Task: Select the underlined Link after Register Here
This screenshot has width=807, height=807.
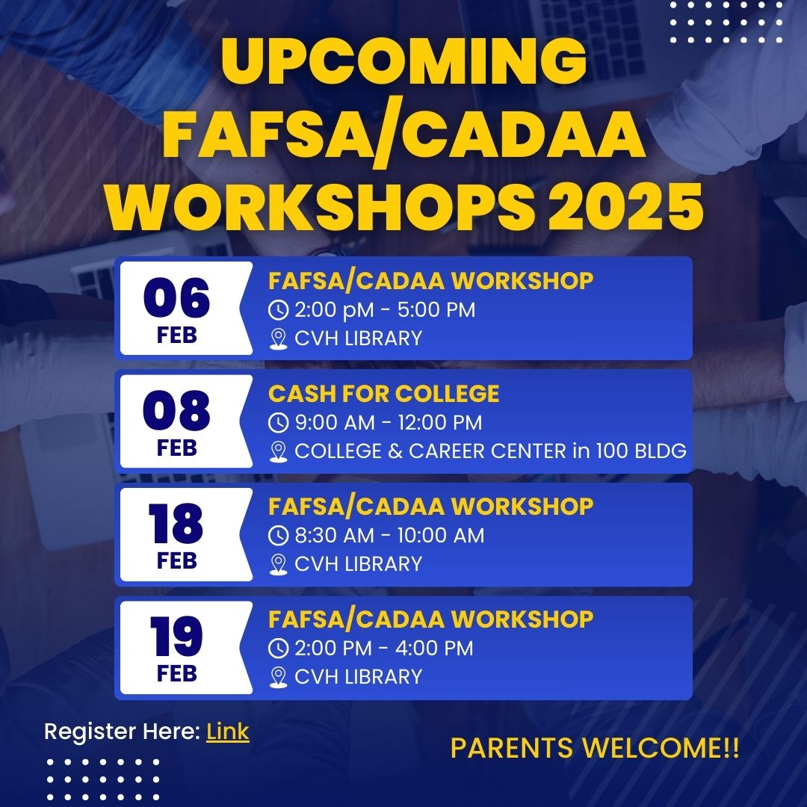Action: (x=227, y=732)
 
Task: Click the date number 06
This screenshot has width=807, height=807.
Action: (x=176, y=298)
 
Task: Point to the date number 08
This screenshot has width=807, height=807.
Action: (x=176, y=410)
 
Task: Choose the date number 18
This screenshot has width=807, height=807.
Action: (x=176, y=523)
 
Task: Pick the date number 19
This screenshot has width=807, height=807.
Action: (x=176, y=636)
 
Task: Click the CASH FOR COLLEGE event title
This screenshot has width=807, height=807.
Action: (x=383, y=394)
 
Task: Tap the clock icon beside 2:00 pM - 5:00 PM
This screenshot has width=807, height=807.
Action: (x=279, y=310)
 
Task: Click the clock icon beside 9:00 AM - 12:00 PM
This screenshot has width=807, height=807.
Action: (x=279, y=422)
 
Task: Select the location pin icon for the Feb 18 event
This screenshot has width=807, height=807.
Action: (x=279, y=565)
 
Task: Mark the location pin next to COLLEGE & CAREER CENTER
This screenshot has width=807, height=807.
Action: (x=279, y=452)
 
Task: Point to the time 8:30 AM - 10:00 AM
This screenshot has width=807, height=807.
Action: (x=389, y=535)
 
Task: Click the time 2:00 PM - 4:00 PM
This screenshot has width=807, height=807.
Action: (x=384, y=648)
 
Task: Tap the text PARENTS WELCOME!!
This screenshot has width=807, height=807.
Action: (x=595, y=748)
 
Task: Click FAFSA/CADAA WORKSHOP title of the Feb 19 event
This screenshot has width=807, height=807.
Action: (x=431, y=619)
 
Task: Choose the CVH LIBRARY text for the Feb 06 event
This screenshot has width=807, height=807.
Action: (x=358, y=338)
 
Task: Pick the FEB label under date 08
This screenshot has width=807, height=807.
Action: (x=176, y=448)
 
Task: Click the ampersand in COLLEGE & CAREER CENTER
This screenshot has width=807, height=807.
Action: (x=395, y=451)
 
